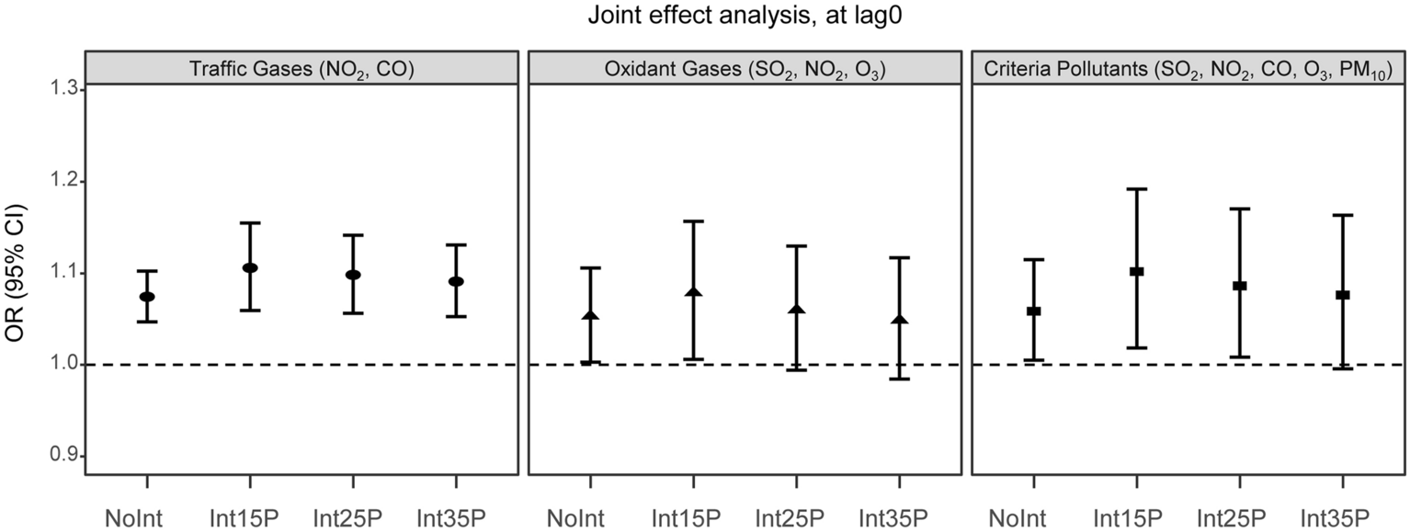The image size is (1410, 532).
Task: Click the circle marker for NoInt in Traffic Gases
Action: (x=147, y=297)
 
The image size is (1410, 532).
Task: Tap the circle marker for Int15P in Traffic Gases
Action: (x=250, y=267)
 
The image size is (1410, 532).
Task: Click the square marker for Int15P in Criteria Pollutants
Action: (x=1136, y=271)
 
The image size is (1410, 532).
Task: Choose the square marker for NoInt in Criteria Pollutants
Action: (x=1034, y=311)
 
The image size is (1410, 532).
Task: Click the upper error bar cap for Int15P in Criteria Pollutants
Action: (x=1136, y=189)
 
